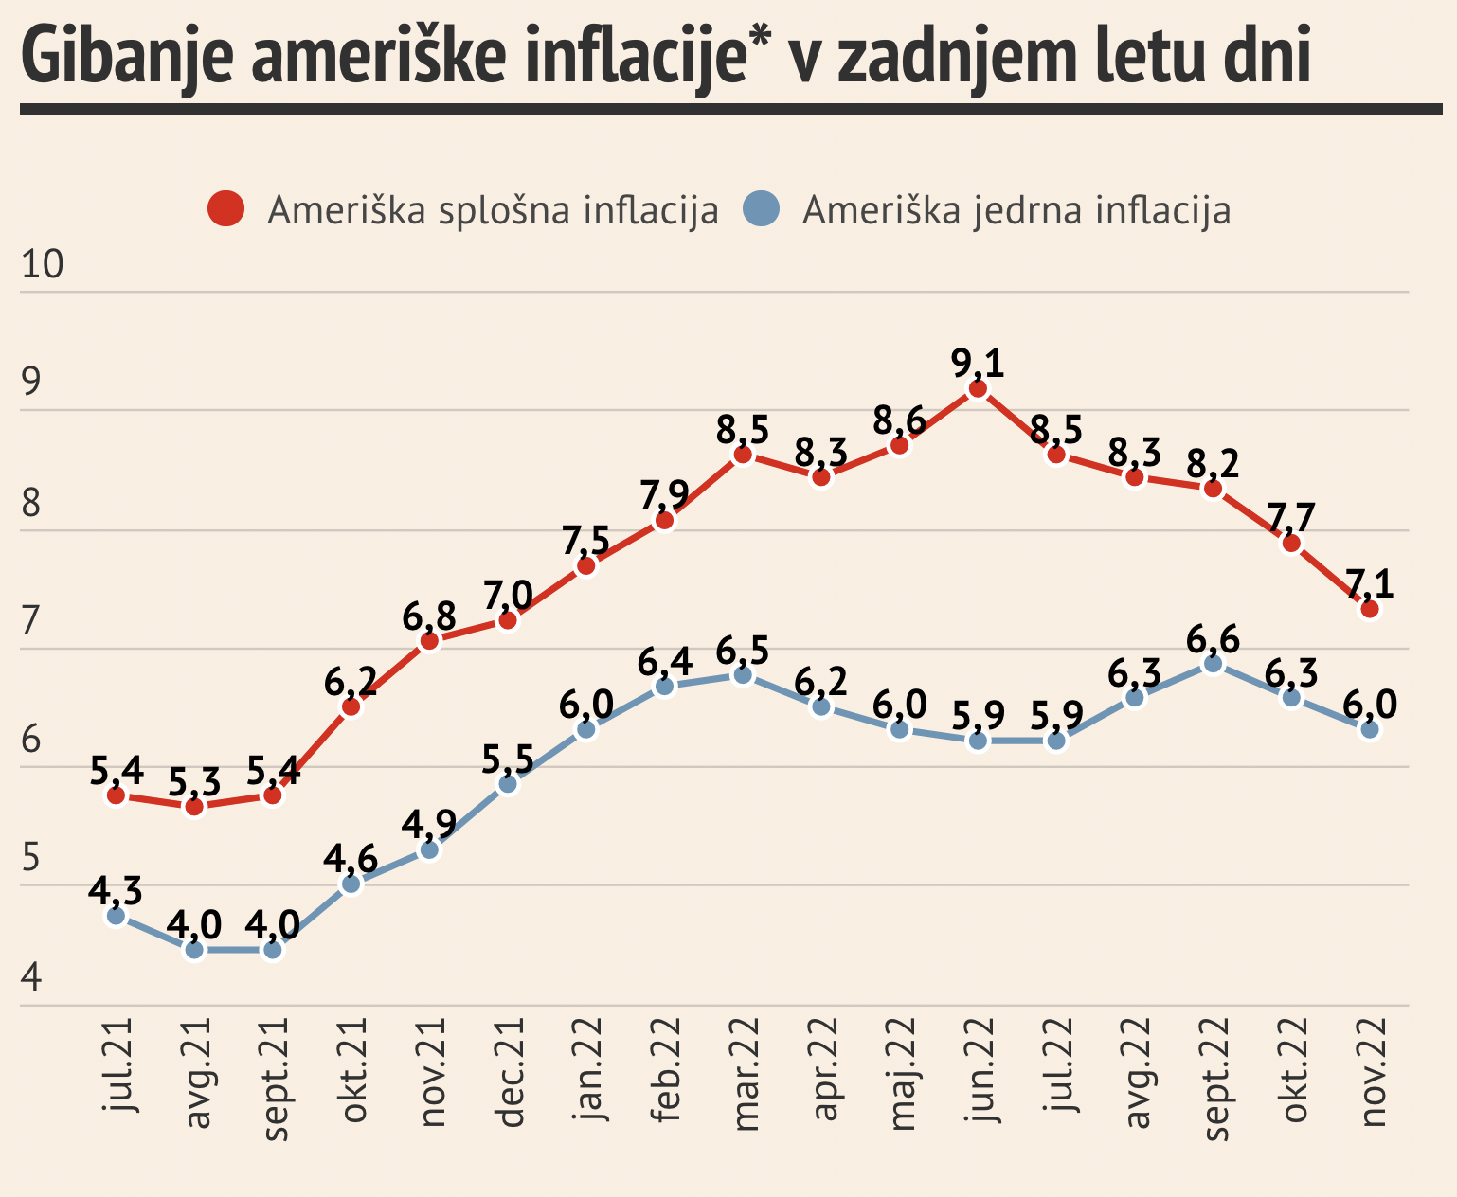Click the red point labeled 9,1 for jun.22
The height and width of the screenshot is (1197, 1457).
pos(978,388)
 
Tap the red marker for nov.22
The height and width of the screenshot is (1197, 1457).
pos(1369,608)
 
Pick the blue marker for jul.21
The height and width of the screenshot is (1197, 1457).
pos(116,916)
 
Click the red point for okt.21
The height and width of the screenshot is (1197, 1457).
pos(351,706)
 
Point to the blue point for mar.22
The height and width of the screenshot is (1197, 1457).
pos(743,675)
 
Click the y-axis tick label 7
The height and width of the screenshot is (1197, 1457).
pos(31,621)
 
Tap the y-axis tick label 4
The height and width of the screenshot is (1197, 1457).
pos(31,976)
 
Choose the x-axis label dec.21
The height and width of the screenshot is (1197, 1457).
pos(511,1074)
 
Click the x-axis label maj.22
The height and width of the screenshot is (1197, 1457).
pos(903,1074)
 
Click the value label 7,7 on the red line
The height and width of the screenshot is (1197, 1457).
pos(1290,519)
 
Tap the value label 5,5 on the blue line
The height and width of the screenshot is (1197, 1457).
pos(508,759)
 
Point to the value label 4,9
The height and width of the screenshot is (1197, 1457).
pos(429,824)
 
